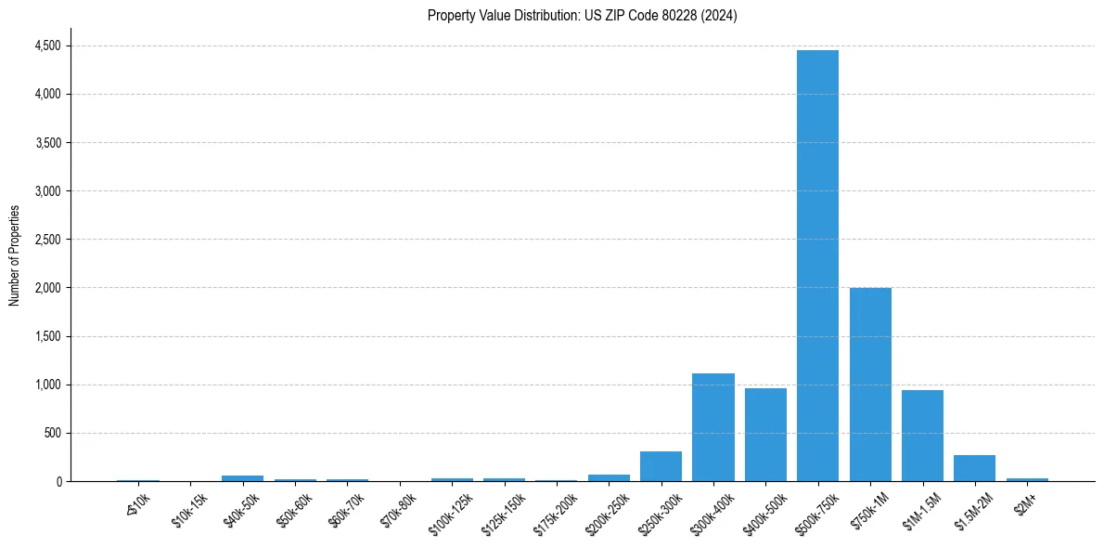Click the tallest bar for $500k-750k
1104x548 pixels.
point(817,266)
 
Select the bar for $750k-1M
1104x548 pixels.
point(870,385)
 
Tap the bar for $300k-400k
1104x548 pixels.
point(713,427)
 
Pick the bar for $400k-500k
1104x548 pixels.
point(765,435)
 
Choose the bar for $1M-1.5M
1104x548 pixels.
point(922,436)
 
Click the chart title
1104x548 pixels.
point(582,16)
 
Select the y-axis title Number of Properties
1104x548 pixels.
point(15,255)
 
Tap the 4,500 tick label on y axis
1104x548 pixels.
point(47,46)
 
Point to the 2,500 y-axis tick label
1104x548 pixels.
point(47,240)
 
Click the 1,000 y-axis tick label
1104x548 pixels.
point(47,385)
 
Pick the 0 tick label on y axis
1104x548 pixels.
point(58,481)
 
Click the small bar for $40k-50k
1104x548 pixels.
point(242,478)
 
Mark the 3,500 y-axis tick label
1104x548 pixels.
point(47,143)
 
